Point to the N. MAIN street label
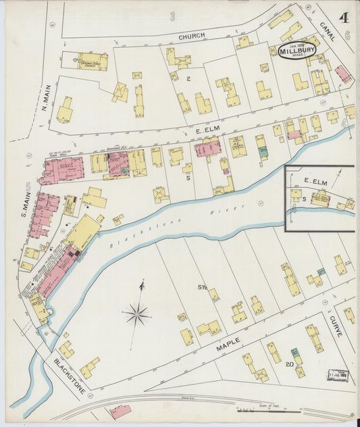click(45, 98)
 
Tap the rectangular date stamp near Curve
click(336, 374)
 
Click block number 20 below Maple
click(288, 364)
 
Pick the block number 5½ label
click(202, 287)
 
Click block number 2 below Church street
click(189, 79)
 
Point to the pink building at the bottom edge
click(120, 411)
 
